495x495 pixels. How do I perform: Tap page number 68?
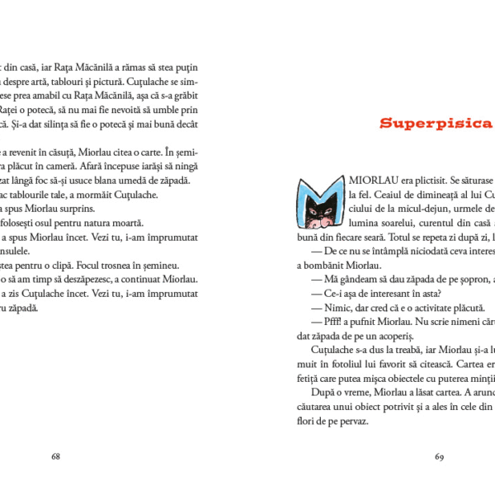(x=56, y=455)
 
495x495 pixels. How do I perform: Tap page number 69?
(x=440, y=455)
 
